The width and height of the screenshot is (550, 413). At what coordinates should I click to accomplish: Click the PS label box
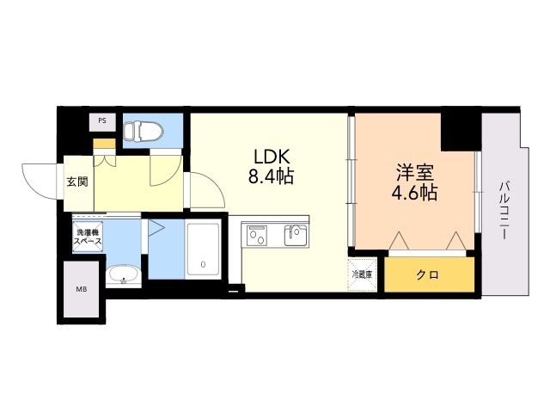coord(102,121)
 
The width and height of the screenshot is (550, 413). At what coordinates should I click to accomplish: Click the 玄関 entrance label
coord(76,182)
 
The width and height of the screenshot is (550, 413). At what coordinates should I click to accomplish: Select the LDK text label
coord(272,157)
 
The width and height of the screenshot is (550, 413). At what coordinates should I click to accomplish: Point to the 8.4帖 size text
coord(272,178)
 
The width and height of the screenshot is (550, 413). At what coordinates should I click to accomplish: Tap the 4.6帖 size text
coord(414,193)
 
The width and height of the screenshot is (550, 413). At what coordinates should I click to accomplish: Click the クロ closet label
coord(428,275)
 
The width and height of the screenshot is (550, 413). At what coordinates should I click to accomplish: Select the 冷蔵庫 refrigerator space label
coord(362,274)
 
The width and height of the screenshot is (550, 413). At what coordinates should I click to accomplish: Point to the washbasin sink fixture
coord(123,275)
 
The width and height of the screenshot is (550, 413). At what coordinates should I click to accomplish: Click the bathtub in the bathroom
coord(204,249)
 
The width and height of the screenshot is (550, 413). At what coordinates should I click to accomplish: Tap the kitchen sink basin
coord(294,234)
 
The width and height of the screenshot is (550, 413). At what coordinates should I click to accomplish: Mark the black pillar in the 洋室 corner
coord(459,130)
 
